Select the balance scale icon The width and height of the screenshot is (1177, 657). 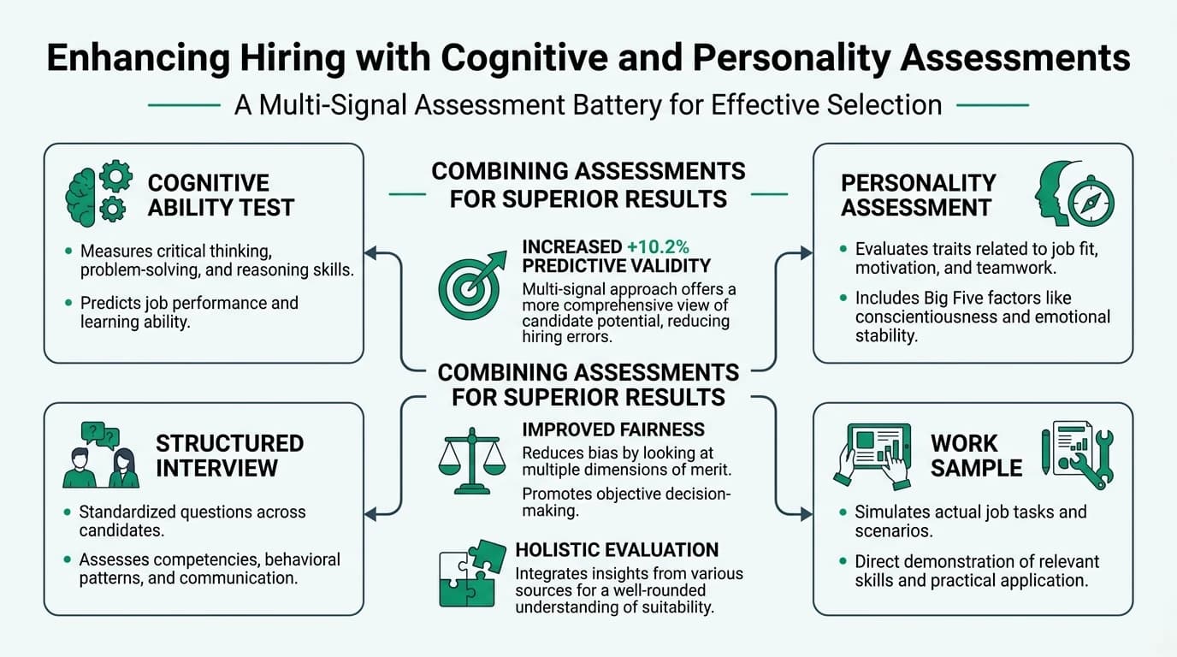click(x=471, y=461)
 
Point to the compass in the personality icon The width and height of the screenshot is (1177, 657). click(x=1091, y=203)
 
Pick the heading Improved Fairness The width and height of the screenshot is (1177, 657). click(x=613, y=429)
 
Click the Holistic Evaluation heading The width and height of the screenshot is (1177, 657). click(x=617, y=550)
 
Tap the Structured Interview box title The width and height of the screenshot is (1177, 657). click(x=229, y=455)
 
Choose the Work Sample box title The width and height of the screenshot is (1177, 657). click(x=976, y=455)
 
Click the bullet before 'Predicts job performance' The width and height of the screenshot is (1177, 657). click(x=68, y=304)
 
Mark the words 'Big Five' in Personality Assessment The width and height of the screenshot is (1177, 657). click(x=962, y=298)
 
